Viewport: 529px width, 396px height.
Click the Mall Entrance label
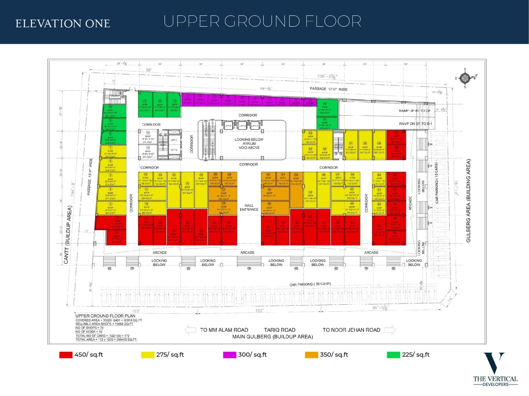(249, 208)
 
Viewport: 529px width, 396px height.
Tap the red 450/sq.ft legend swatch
(66, 355)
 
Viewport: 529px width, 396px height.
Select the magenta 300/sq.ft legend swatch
(229, 355)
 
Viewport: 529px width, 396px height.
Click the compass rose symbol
(465, 78)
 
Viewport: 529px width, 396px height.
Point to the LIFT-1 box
(174, 140)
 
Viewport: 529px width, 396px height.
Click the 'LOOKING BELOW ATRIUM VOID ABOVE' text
(249, 144)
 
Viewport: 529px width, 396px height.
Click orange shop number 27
(224, 194)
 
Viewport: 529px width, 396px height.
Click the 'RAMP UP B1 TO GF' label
(414, 111)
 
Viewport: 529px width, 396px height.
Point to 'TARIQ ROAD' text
(280, 330)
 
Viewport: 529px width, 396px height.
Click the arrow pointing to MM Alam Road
(190, 330)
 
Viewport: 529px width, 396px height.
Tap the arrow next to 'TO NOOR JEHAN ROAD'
(390, 330)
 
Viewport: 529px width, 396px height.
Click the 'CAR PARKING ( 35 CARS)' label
(310, 284)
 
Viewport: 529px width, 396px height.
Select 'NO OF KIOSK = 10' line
(89, 332)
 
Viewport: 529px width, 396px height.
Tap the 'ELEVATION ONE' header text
(63, 24)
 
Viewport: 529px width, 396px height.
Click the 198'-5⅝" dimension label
(327, 76)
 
